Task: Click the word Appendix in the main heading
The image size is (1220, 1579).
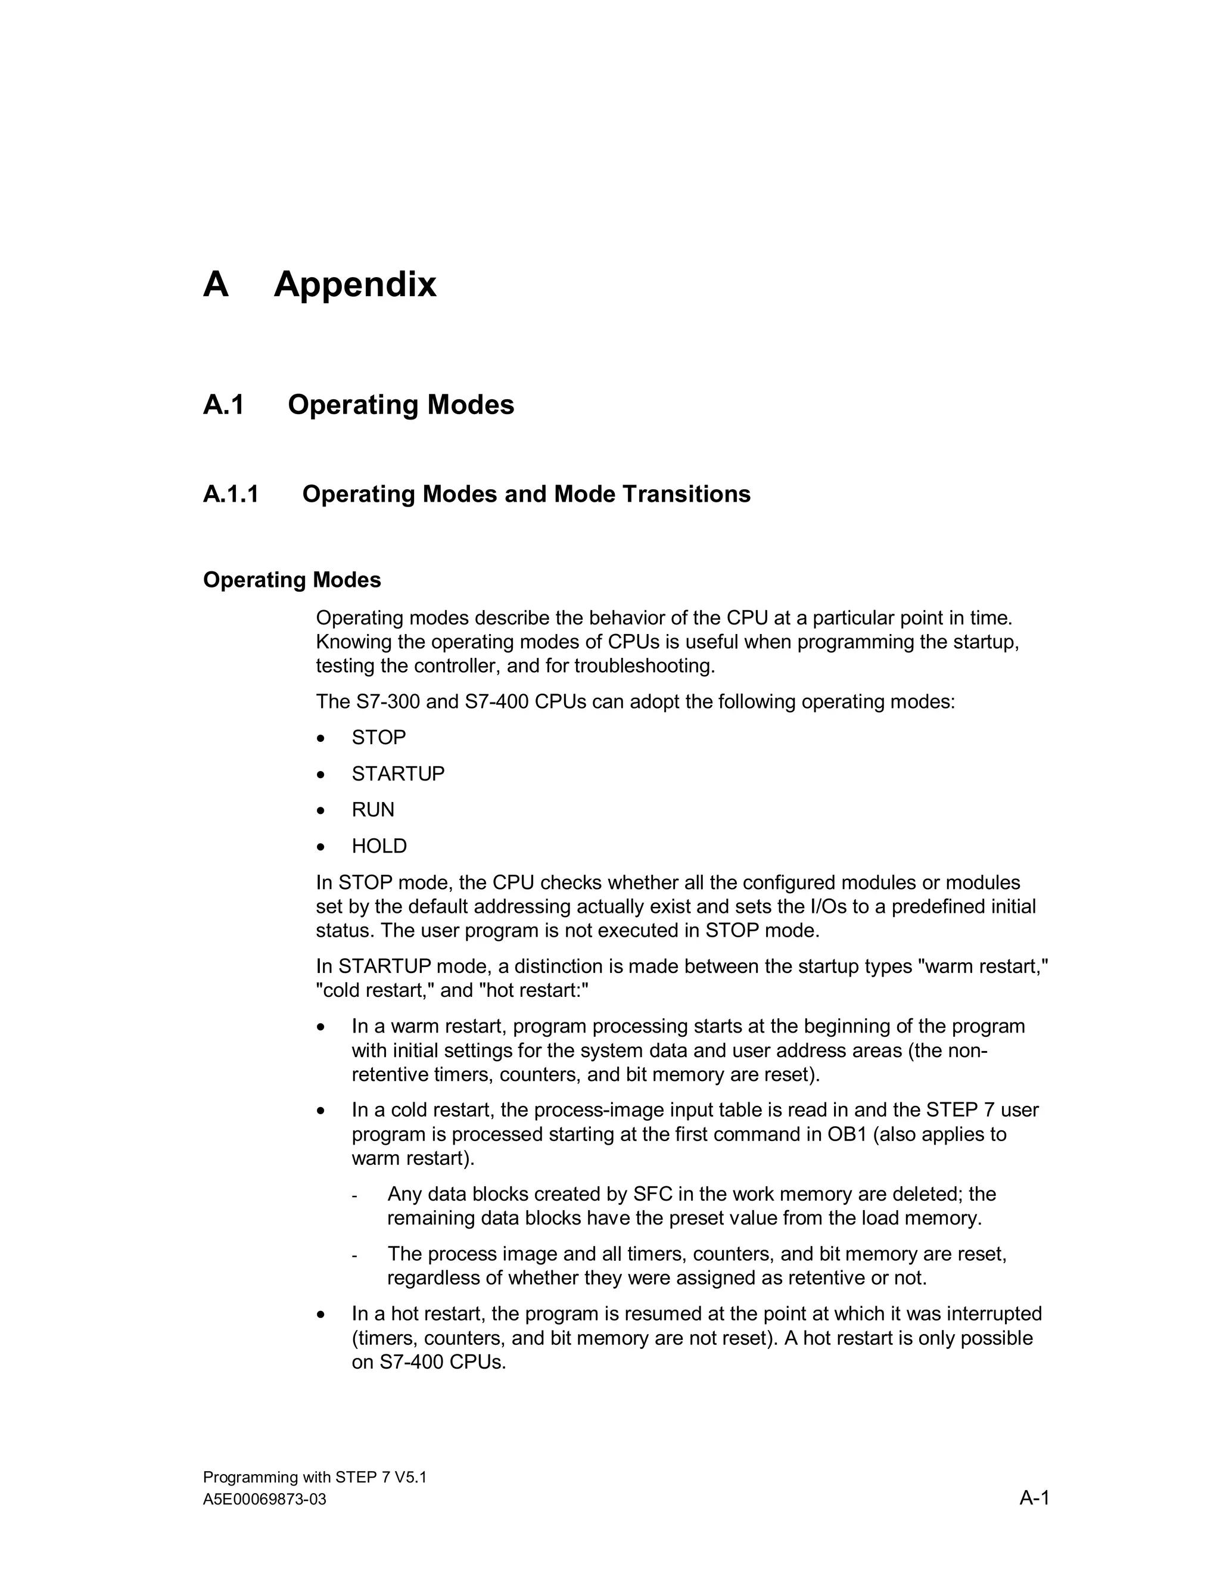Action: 355,284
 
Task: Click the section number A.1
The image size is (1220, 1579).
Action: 224,405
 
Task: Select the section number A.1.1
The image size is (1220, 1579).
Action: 231,495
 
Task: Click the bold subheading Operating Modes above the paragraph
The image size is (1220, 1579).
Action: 292,580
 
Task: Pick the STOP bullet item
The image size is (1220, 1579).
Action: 379,738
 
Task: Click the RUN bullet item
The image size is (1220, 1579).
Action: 373,810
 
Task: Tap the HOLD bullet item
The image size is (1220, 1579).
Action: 379,846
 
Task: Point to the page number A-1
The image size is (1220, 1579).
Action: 1034,1497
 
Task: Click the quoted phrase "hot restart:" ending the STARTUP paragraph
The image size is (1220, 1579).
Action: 534,990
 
